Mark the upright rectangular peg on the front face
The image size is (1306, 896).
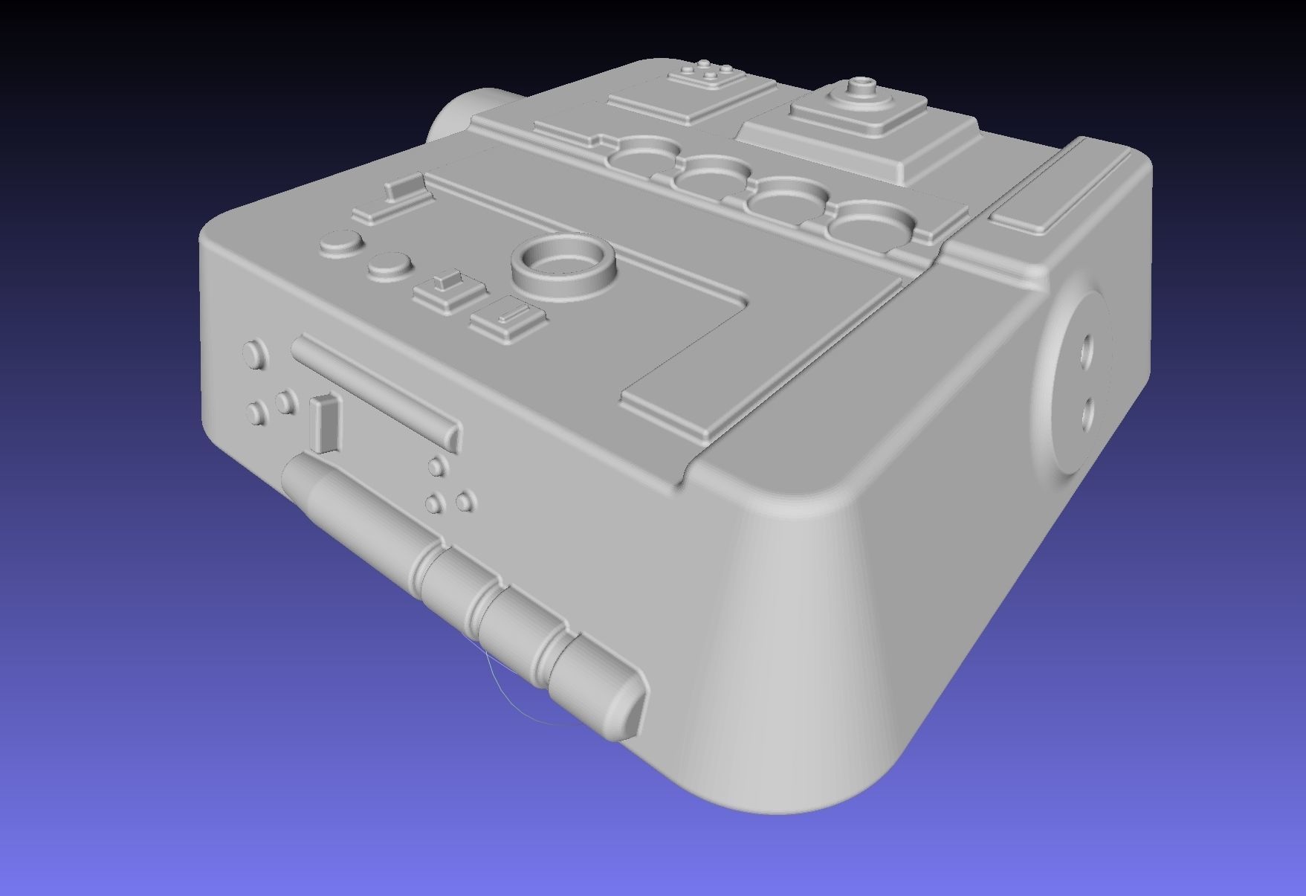(x=324, y=424)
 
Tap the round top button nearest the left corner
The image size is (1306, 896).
(x=340, y=244)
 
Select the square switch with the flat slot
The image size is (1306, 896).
(x=508, y=318)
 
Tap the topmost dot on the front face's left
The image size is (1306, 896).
(x=255, y=352)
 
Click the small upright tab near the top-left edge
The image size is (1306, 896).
(x=401, y=188)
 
